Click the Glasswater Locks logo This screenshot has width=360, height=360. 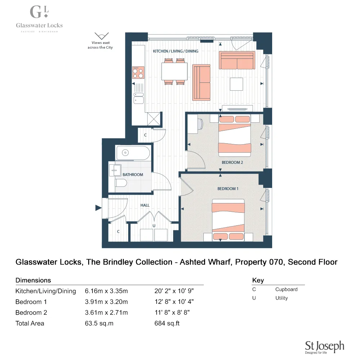pyautogui.click(x=39, y=18)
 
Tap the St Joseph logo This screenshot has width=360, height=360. pyautogui.click(x=324, y=347)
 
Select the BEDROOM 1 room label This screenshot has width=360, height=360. pyautogui.click(x=228, y=189)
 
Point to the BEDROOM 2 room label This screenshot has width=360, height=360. pyautogui.click(x=232, y=162)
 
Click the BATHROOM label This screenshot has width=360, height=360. pyautogui.click(x=133, y=175)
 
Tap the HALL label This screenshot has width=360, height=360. pyautogui.click(x=145, y=205)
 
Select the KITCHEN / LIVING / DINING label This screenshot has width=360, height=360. pyautogui.click(x=176, y=51)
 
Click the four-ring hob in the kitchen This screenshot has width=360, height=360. pyautogui.click(x=138, y=72)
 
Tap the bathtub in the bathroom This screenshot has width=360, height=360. pyautogui.click(x=132, y=153)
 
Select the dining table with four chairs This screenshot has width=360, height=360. pyautogui.click(x=175, y=71)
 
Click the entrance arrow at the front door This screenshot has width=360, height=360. pyautogui.click(x=98, y=208)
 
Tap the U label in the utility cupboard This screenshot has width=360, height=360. pyautogui.click(x=154, y=226)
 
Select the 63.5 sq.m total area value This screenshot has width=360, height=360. pyautogui.click(x=99, y=323)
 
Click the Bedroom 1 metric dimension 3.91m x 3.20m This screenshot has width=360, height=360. pyautogui.click(x=106, y=302)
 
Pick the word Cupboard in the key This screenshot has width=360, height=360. pyautogui.click(x=286, y=289)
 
